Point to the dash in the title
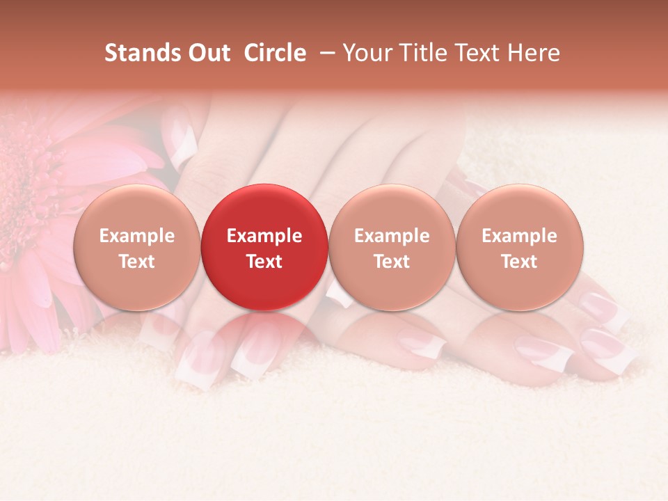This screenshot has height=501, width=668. tap(324, 53)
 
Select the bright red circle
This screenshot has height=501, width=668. tap(264, 247)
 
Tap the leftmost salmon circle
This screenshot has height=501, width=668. tap(136, 247)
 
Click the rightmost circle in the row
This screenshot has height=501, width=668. tap(520, 247)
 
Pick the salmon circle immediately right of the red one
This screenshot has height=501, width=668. tap(392, 247)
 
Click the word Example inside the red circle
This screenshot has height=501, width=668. tap(264, 236)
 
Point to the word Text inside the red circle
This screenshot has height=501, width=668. tap(264, 262)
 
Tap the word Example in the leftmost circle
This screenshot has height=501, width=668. tap(136, 236)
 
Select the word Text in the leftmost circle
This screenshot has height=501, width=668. tap(136, 262)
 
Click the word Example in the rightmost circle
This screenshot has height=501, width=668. tap(520, 236)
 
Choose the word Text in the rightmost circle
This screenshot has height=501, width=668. tap(520, 262)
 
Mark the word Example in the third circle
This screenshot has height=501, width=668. tap(392, 236)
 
